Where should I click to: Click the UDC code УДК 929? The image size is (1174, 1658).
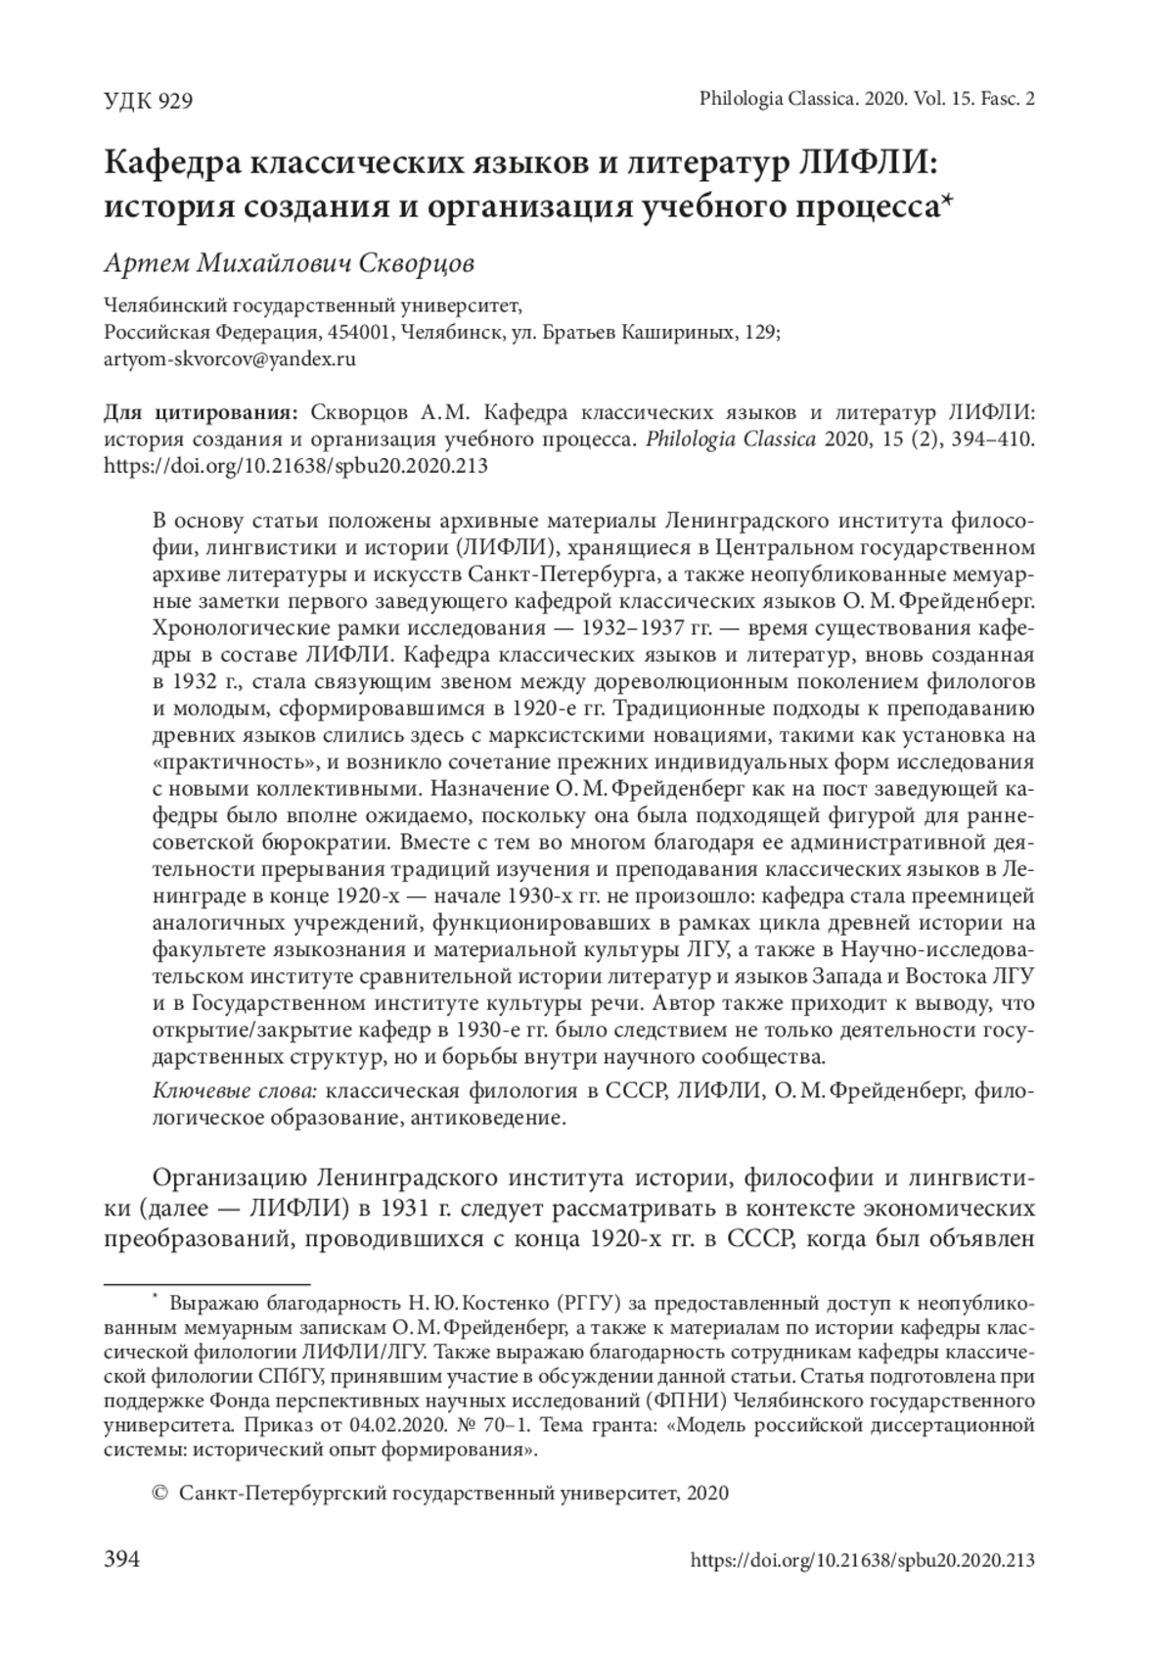point(148,100)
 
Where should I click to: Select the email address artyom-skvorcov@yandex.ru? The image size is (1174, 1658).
point(229,358)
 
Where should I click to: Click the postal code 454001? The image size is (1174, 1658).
point(361,332)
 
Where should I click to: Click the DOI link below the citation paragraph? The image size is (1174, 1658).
point(295,466)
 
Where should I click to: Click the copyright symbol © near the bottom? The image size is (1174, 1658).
point(160,1493)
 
